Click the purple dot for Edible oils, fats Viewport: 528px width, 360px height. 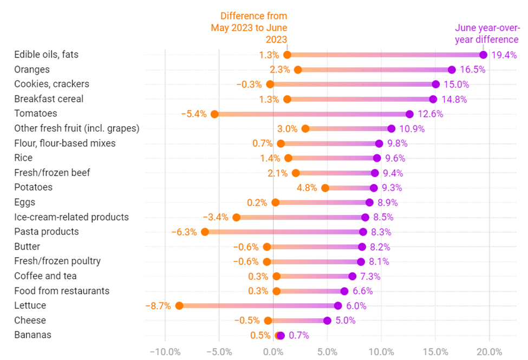483,55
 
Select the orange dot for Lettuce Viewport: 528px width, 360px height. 179,306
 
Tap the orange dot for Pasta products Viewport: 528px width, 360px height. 205,232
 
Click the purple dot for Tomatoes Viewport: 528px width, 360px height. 409,114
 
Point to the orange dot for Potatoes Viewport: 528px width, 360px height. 325,188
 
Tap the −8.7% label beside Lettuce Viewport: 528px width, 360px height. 158,306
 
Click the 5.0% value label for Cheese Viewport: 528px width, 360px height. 346,320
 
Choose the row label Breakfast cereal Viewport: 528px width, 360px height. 49,99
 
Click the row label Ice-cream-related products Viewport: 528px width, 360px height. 71,217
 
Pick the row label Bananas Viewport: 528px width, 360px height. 32,335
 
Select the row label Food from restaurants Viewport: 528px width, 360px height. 62,291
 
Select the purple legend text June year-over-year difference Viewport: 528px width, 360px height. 486,34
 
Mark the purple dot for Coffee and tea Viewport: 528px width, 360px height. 353,276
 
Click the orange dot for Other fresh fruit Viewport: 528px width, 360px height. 305,128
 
